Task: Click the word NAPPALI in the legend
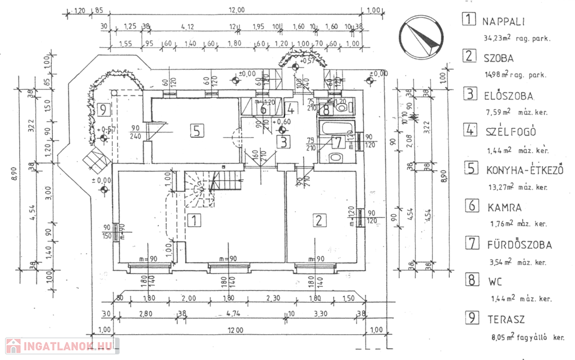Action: (503, 22)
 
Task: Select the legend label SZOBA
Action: (498, 57)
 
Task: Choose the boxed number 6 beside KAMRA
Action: (471, 206)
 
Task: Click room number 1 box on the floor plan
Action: (193, 220)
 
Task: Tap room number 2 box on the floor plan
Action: (319, 220)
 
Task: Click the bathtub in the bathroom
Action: (333, 127)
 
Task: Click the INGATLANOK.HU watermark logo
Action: (61, 347)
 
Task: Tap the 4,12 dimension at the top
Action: (188, 26)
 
